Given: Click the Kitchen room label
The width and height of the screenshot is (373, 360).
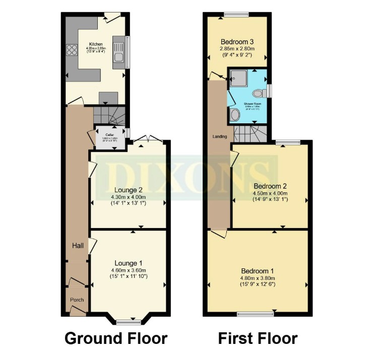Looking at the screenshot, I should click(x=96, y=44).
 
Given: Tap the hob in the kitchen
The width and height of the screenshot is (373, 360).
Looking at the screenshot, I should click(x=71, y=50).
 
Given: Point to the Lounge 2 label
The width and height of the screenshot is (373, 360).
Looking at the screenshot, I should click(x=129, y=189).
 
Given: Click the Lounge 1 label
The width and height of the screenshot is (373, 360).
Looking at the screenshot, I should click(x=129, y=263).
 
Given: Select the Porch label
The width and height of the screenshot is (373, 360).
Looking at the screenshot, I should click(x=77, y=300).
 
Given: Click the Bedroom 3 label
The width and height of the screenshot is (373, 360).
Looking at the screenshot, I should click(x=236, y=41).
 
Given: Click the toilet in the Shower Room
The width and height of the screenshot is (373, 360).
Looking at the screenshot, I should click(x=260, y=93).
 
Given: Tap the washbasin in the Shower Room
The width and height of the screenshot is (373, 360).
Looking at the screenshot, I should click(x=235, y=115).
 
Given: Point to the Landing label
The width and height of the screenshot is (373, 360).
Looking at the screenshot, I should click(x=219, y=136).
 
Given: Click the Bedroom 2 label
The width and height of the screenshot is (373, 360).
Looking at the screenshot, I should click(x=270, y=185).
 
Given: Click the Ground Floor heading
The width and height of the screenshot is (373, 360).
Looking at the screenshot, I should click(x=115, y=338).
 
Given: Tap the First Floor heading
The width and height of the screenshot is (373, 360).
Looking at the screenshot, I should click(x=258, y=338).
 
